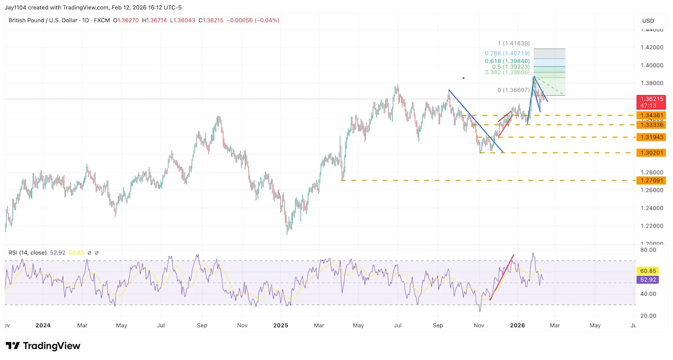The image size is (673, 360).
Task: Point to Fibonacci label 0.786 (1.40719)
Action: pyautogui.click(x=507, y=53)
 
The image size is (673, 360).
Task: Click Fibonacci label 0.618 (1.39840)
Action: pyautogui.click(x=507, y=61)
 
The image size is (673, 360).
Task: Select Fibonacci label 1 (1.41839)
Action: pyautogui.click(x=513, y=44)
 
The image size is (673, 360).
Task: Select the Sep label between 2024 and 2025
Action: pyautogui.click(x=202, y=325)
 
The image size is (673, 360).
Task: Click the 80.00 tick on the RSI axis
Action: pyautogui.click(x=649, y=250)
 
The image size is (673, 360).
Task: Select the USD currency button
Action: pyautogui.click(x=648, y=21)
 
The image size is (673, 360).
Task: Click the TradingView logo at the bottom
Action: pyautogui.click(x=43, y=346)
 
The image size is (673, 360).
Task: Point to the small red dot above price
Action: pyautogui.click(x=463, y=78)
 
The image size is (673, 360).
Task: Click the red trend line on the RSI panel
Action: pyautogui.click(x=502, y=277)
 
